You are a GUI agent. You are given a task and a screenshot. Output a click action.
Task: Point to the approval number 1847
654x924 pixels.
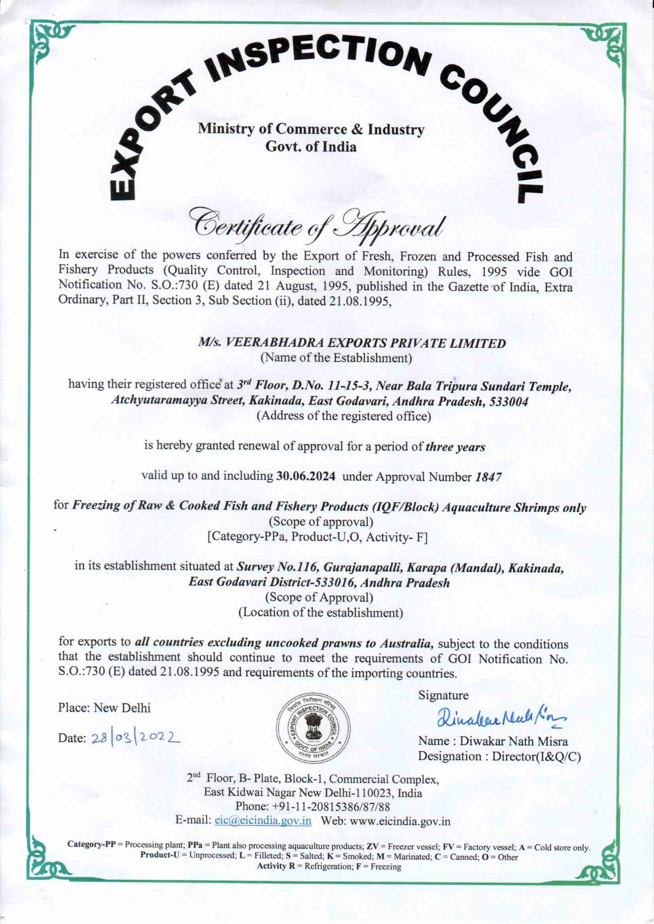tap(488, 477)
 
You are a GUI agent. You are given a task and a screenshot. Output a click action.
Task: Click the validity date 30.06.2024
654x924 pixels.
tap(306, 477)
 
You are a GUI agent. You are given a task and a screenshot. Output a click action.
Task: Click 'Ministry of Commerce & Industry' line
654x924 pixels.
tap(311, 129)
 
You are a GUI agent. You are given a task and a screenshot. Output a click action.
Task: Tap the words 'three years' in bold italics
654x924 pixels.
tap(456, 447)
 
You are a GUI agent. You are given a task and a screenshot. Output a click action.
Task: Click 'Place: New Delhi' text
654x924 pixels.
tap(104, 708)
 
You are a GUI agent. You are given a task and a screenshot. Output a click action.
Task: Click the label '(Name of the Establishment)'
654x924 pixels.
tap(336, 358)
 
